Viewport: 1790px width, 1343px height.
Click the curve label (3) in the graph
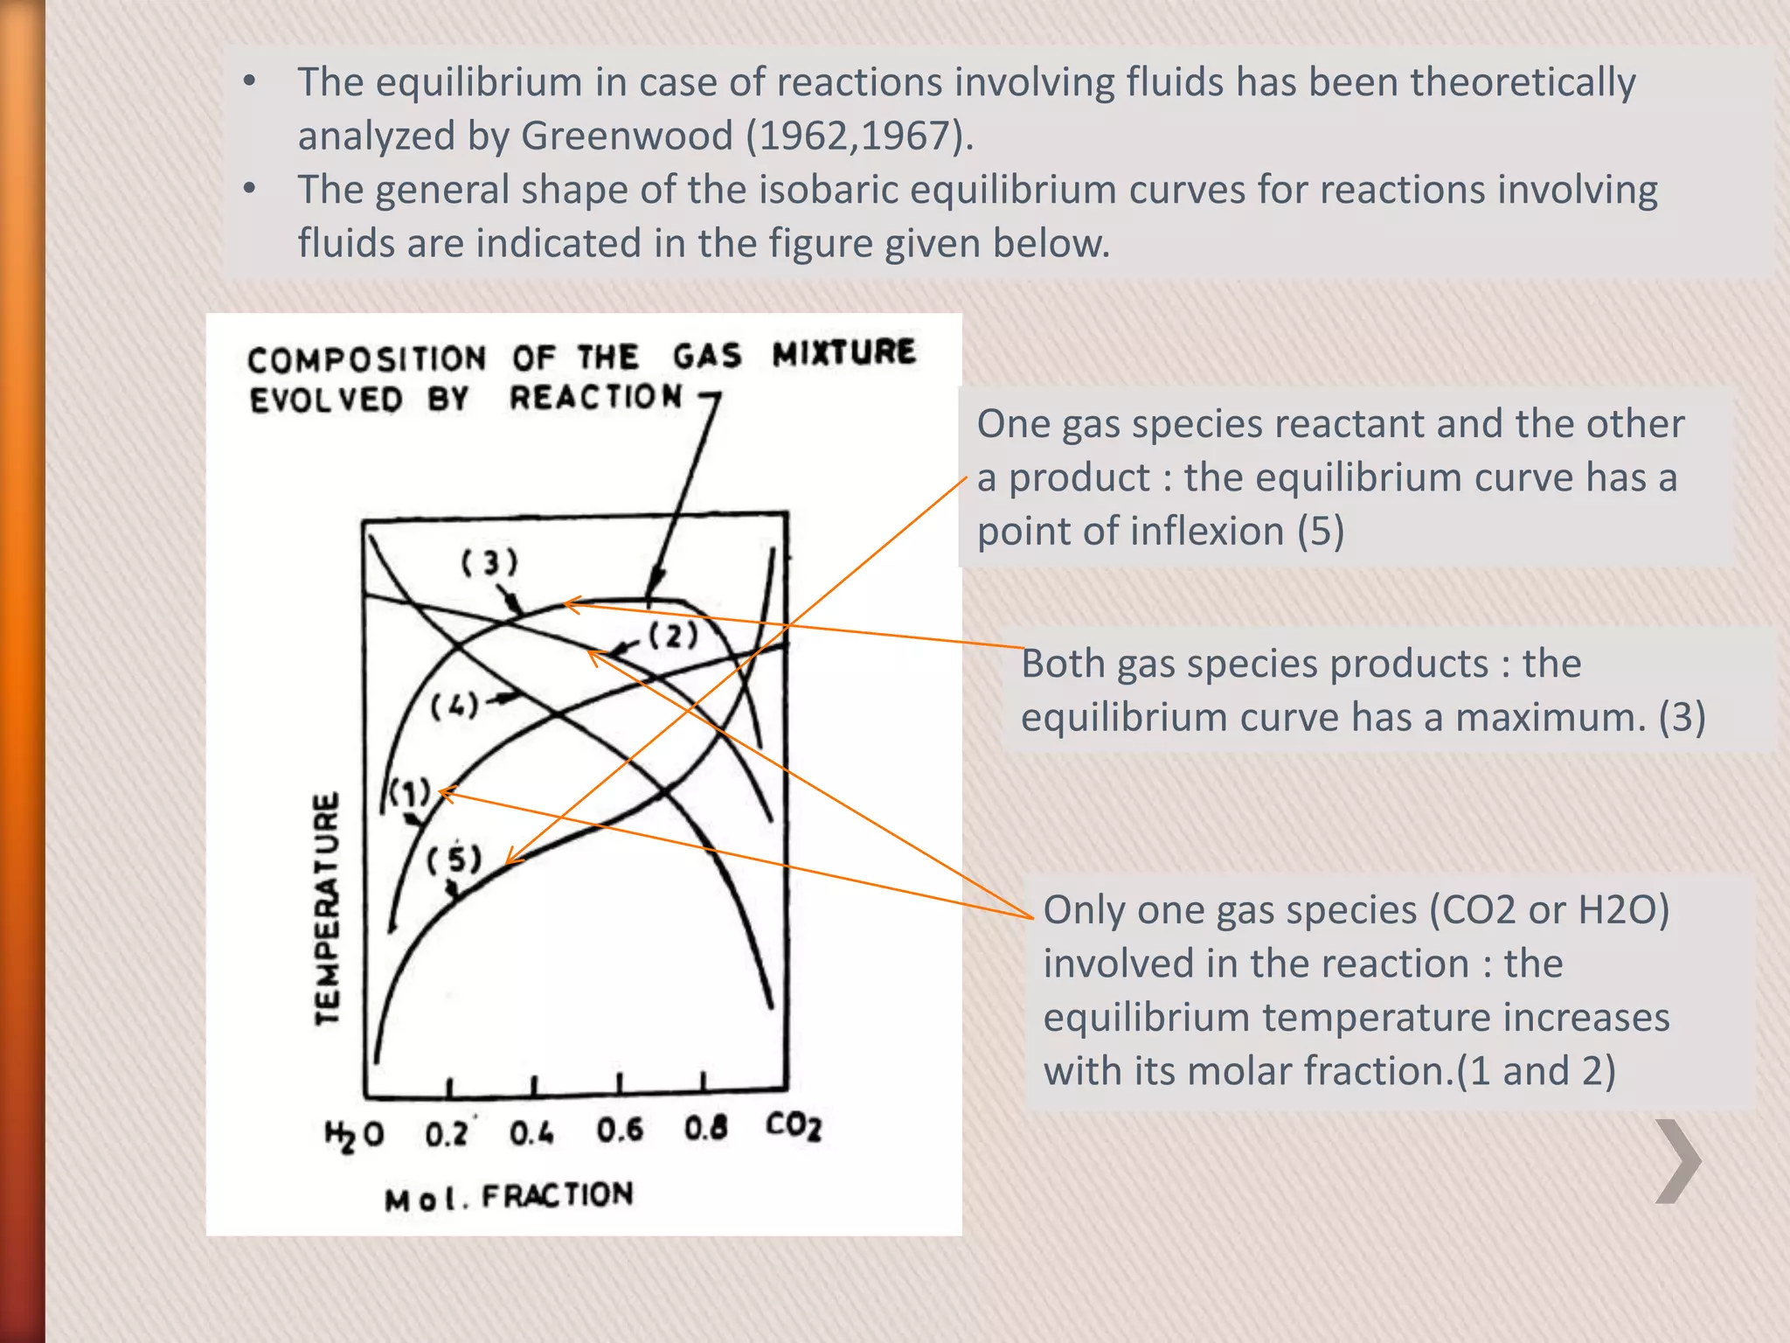point(489,562)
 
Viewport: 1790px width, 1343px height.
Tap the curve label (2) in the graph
point(673,635)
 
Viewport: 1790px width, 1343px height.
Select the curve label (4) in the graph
point(454,705)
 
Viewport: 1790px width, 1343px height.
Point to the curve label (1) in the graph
point(409,793)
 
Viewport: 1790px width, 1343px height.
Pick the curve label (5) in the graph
point(454,859)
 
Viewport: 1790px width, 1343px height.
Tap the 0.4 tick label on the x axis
point(532,1134)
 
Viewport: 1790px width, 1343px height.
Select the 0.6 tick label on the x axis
point(620,1131)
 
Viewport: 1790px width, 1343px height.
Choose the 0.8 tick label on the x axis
point(705,1128)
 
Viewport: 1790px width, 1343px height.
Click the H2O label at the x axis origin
point(354,1135)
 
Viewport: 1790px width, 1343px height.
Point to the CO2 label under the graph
point(794,1126)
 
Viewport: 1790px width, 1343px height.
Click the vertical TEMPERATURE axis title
point(327,908)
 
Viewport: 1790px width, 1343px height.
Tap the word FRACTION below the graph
point(557,1195)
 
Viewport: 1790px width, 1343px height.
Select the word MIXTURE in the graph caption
point(843,352)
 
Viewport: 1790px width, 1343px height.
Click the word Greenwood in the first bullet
point(627,136)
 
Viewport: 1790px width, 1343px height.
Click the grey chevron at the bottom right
point(1679,1161)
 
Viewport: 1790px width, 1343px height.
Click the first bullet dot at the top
point(250,81)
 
